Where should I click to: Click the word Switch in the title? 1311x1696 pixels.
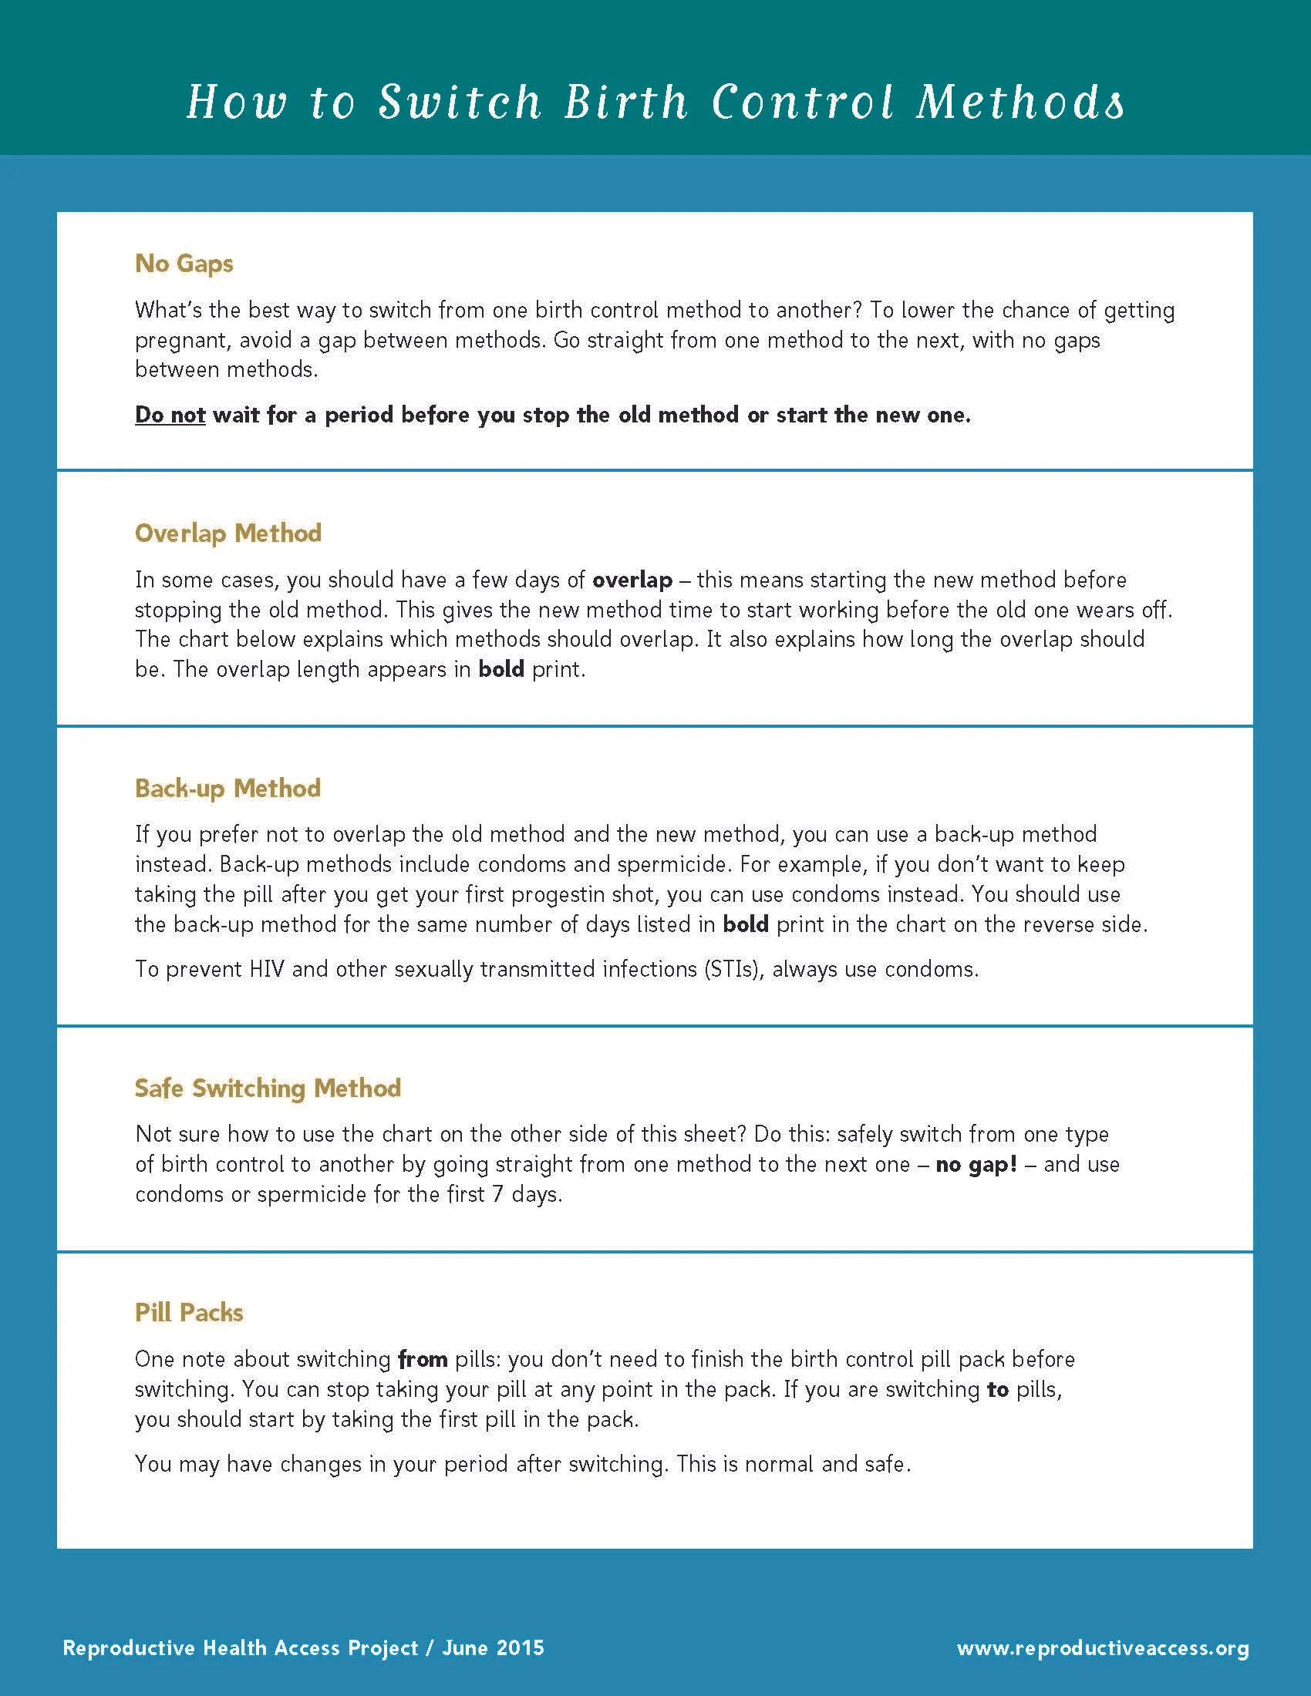pos(459,103)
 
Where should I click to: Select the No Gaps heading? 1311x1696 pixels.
pos(184,263)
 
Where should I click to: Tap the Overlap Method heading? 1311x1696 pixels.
pos(227,533)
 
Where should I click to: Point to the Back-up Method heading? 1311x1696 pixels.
pos(227,788)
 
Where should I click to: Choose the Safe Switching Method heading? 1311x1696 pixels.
pos(268,1088)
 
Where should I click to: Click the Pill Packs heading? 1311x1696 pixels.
pos(189,1312)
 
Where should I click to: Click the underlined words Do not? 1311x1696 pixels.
pos(170,415)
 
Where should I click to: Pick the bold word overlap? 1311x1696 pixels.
pos(632,580)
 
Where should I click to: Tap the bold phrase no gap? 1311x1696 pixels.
pos(976,1165)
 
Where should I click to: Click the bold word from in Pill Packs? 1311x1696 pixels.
pos(423,1359)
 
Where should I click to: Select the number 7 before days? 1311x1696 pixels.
pos(498,1194)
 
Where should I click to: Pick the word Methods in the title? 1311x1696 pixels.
pos(1019,103)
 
